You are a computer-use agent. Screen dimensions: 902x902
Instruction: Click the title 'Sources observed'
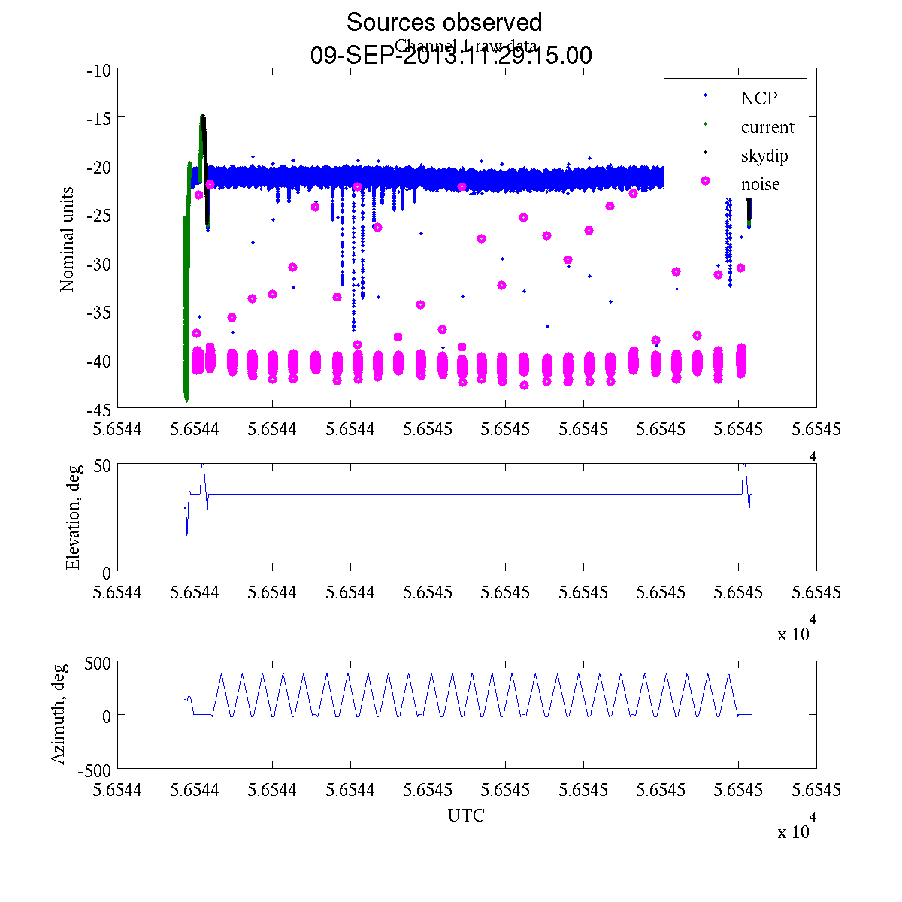(x=443, y=23)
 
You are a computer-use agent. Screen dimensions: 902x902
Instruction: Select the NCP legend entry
(x=758, y=98)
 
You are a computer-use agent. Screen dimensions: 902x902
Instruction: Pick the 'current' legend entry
(x=767, y=127)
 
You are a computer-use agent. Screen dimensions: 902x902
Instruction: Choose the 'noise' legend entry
(x=760, y=184)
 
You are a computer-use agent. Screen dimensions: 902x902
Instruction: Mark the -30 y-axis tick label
(x=99, y=262)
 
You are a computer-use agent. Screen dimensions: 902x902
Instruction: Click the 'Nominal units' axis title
(x=68, y=239)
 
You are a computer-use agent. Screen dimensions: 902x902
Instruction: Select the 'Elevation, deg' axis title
(x=73, y=517)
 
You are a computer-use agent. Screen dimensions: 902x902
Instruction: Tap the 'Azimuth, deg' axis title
(x=59, y=713)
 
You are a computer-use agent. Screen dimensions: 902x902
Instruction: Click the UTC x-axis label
(x=466, y=816)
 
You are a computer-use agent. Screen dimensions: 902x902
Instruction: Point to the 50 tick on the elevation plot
(x=102, y=465)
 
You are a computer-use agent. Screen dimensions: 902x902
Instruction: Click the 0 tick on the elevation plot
(x=107, y=573)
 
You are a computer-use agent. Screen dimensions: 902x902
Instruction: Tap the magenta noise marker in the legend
(x=705, y=181)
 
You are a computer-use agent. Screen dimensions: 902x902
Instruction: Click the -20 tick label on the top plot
(x=99, y=165)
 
